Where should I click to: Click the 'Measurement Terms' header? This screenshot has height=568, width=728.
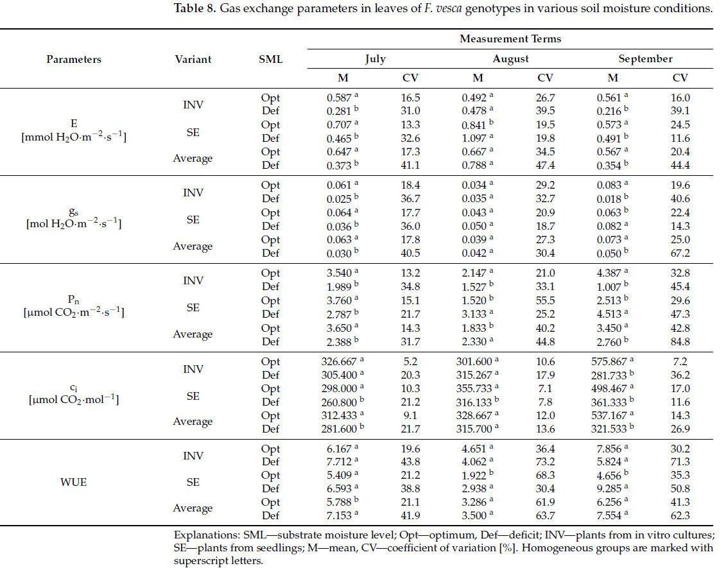[510, 39]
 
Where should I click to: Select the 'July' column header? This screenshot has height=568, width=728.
[376, 59]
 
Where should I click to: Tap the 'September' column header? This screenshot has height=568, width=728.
[645, 59]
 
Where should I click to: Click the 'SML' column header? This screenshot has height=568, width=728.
[270, 60]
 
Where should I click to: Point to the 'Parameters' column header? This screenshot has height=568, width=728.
[74, 60]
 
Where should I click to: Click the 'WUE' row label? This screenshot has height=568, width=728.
[74, 481]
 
